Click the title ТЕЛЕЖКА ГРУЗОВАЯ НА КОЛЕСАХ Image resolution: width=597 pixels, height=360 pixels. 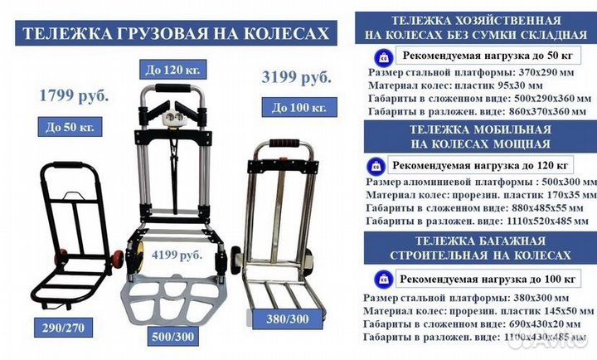[176, 34]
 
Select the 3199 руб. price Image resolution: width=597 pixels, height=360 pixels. [296, 78]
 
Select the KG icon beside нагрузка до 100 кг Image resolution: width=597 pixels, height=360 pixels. [374, 277]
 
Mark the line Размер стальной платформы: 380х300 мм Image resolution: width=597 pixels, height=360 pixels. [460, 297]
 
